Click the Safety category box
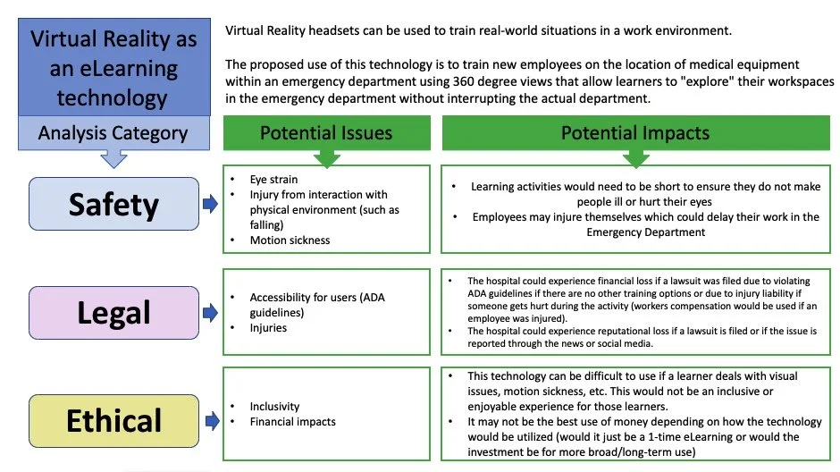tap(113, 204)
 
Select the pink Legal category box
tap(113, 313)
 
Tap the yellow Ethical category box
tap(113, 420)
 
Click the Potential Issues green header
tap(325, 133)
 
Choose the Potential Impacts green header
tap(634, 133)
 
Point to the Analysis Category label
tap(113, 134)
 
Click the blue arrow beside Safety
tap(210, 204)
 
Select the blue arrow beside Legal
tap(210, 313)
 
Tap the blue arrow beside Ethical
tap(210, 420)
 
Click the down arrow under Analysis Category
tap(113, 159)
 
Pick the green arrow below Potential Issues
tap(325, 156)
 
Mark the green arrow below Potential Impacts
tap(634, 156)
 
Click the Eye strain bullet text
tap(274, 180)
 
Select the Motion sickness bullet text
tap(290, 240)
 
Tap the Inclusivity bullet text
tap(274, 406)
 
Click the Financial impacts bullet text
tap(293, 420)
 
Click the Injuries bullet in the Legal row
tap(268, 328)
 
